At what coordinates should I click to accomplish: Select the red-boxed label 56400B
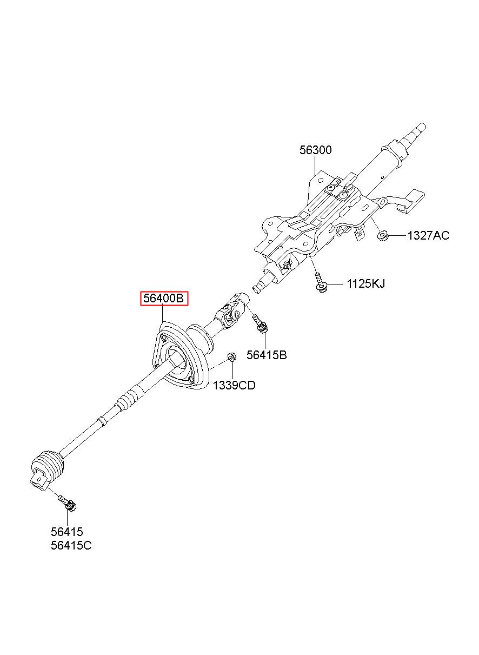(x=164, y=298)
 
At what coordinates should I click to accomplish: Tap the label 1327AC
(x=428, y=236)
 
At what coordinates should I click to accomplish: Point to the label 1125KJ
(x=366, y=284)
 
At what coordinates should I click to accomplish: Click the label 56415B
(x=267, y=355)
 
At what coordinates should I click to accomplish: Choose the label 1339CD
(x=234, y=386)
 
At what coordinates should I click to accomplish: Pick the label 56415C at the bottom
(x=71, y=546)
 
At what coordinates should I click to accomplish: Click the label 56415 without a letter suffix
(x=67, y=532)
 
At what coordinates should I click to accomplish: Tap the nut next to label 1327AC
(x=382, y=235)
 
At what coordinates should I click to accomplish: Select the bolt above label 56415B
(x=261, y=323)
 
